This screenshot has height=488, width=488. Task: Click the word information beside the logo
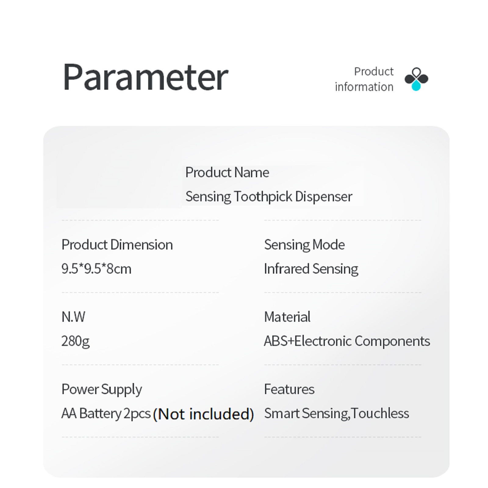(364, 87)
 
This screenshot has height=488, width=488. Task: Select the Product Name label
(227, 173)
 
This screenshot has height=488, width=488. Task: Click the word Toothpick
(263, 197)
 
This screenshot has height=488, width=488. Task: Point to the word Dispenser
(324, 197)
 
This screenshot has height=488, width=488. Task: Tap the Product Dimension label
(117, 245)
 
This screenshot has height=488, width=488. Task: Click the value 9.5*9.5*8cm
(96, 269)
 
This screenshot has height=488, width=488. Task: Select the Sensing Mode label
(304, 245)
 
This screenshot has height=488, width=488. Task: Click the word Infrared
(287, 269)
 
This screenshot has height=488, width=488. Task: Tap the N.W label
(73, 317)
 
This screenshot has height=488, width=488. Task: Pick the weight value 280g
(75, 341)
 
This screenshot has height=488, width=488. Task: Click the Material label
(287, 317)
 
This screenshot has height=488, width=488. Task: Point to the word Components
(392, 341)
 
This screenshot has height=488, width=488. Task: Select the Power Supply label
(102, 389)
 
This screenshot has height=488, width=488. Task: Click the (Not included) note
(203, 414)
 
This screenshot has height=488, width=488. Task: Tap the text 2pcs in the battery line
(137, 414)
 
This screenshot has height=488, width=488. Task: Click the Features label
(289, 389)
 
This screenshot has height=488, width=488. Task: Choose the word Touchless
(380, 414)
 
